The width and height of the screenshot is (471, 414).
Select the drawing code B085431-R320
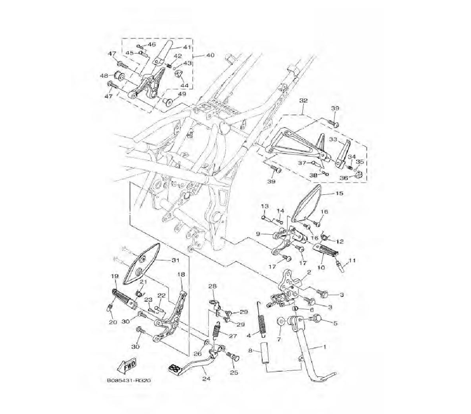click(x=129, y=381)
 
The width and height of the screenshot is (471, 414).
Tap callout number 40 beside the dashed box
click(x=210, y=56)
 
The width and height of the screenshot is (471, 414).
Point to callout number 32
click(x=303, y=101)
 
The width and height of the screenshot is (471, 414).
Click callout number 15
click(x=339, y=193)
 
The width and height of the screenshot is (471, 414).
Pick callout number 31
click(x=175, y=260)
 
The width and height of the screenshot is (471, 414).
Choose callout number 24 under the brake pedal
click(x=206, y=379)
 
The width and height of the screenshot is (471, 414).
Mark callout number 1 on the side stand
click(x=324, y=347)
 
